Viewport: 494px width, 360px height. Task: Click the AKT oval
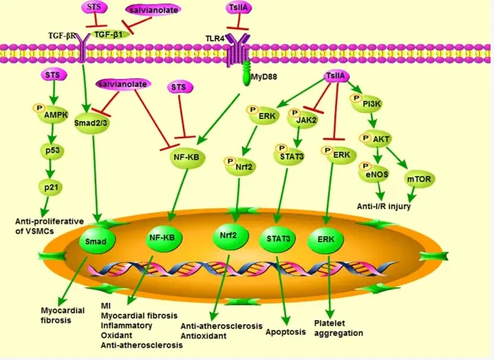pos(380,140)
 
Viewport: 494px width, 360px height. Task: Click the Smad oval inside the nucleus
pos(96,241)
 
